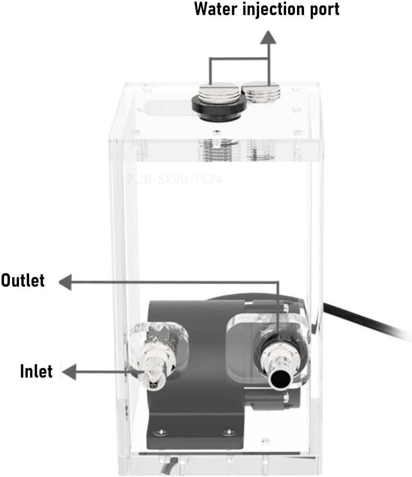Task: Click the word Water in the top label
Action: pos(215,9)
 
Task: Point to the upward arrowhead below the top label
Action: pos(268,37)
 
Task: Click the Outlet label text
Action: pos(23,281)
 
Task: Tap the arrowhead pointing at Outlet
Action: pos(65,282)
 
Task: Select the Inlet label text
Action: pos(36,372)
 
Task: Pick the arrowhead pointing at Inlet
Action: pos(69,372)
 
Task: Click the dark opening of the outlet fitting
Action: pos(281,379)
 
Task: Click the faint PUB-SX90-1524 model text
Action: pos(174,180)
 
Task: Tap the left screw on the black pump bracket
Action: pos(161,431)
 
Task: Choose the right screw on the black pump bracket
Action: pos(229,431)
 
